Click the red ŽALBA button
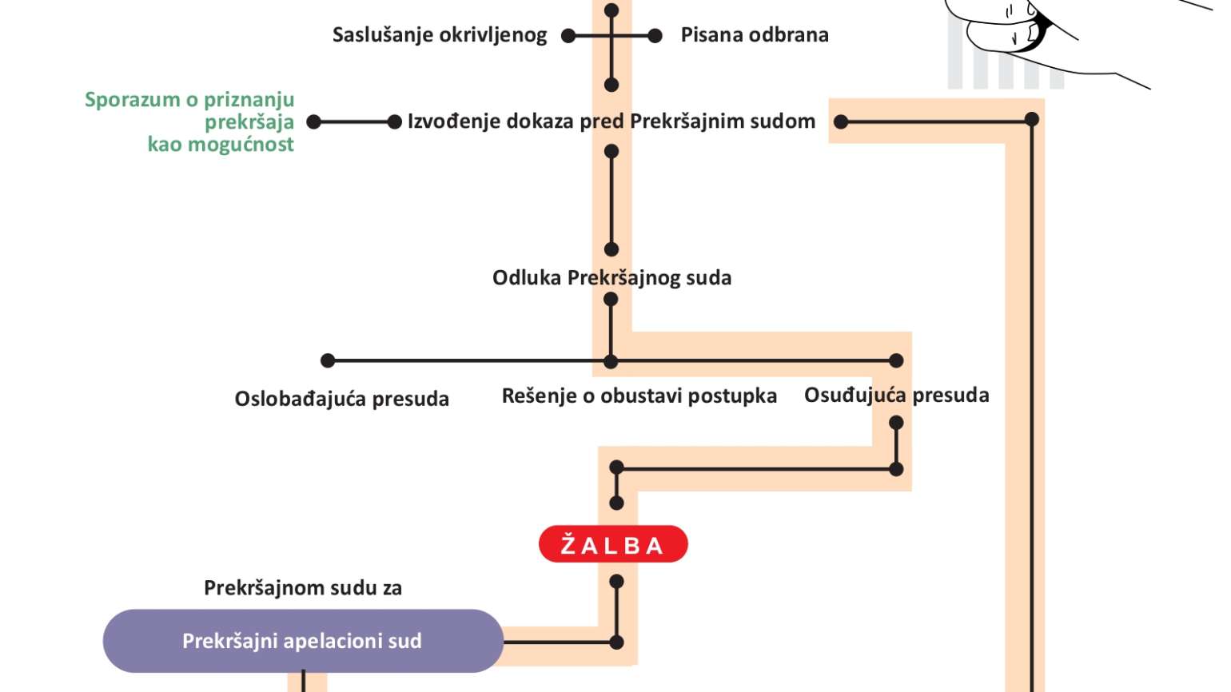click(613, 543)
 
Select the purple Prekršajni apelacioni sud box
click(303, 640)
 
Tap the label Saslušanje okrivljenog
click(440, 35)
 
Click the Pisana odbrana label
click(755, 34)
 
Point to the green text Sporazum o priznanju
click(189, 100)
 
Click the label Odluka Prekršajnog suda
click(612, 278)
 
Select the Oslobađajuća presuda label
click(342, 399)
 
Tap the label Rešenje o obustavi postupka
click(639, 396)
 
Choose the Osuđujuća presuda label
click(896, 395)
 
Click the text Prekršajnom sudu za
click(303, 588)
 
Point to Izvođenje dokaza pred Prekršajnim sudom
click(612, 121)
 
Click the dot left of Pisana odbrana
click(655, 36)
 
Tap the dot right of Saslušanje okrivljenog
click(568, 36)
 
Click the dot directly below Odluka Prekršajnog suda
click(611, 300)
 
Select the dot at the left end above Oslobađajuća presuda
click(328, 360)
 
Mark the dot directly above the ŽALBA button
click(616, 503)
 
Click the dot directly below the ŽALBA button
click(616, 581)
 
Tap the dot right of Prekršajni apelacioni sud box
click(616, 642)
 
